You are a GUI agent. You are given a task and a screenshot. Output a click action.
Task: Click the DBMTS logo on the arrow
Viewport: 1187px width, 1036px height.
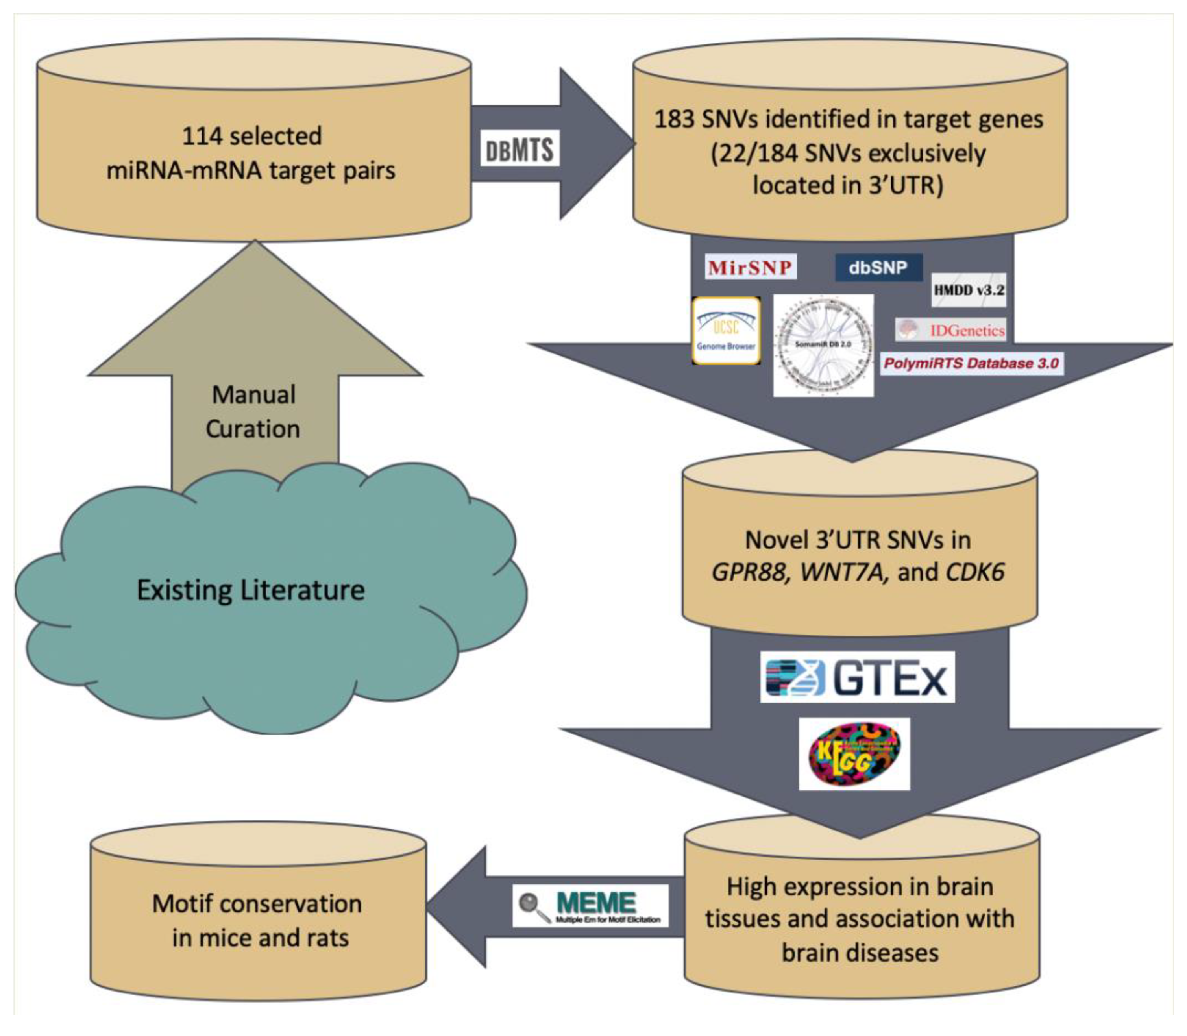coord(520,150)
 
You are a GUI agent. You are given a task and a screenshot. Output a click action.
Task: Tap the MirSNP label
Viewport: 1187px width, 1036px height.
coord(750,267)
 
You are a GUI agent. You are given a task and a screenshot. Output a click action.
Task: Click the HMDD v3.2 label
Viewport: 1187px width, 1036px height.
coord(969,290)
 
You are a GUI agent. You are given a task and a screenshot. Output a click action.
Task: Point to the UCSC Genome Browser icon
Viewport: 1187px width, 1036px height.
coord(726,331)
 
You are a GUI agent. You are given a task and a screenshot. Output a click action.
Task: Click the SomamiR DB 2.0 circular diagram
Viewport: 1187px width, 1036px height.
coord(823,345)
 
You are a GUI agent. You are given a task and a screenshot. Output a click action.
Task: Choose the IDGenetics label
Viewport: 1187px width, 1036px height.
coord(950,330)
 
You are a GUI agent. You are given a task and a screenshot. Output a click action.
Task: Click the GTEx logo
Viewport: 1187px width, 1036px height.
coord(857,677)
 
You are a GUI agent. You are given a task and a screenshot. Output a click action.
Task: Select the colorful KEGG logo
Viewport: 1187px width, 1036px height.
coord(854,754)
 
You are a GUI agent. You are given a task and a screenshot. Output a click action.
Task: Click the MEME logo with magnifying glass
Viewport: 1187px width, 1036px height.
coord(590,905)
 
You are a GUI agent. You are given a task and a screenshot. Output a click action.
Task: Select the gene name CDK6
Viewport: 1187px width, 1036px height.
coord(974,572)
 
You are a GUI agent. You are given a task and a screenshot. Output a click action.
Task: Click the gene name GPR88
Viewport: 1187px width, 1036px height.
coord(749,572)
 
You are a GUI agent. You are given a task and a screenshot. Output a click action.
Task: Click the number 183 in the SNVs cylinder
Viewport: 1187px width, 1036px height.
coord(673,120)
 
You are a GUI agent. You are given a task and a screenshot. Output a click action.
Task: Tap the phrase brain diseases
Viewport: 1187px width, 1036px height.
coord(860,952)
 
